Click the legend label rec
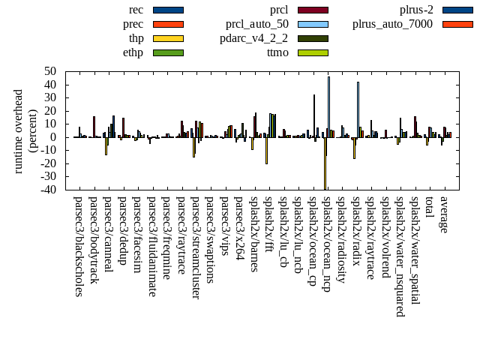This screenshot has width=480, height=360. [136, 10]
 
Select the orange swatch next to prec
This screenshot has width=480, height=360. [167, 24]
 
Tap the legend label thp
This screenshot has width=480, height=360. [136, 38]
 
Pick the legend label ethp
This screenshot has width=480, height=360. [133, 52]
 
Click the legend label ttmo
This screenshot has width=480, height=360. [277, 52]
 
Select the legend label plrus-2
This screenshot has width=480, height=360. [415, 10]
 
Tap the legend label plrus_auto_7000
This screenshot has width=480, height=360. [392, 24]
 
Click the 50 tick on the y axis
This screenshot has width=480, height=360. [51, 71]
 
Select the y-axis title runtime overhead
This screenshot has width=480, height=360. [19, 130]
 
